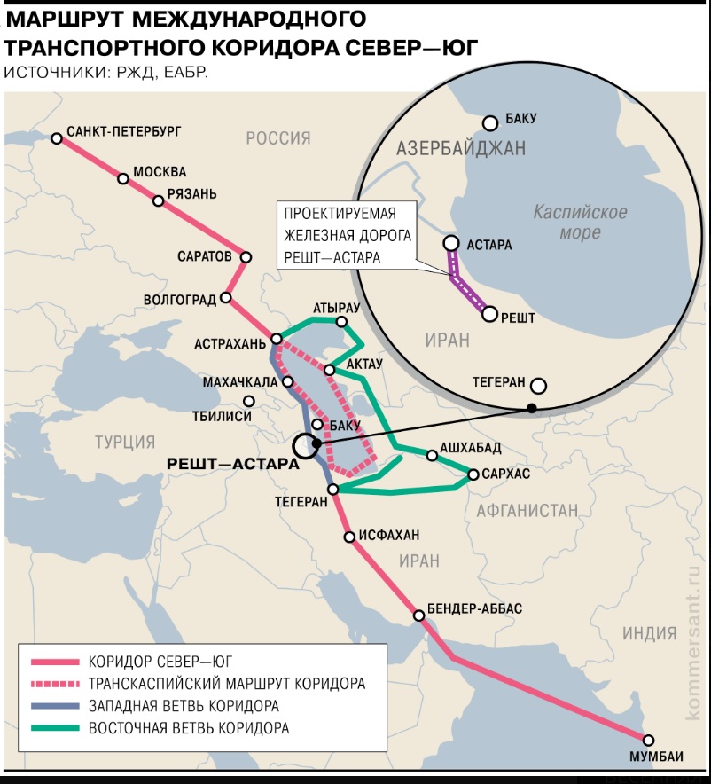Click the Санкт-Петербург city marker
[x=57, y=138]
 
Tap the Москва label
[x=160, y=171]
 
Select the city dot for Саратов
[x=246, y=257]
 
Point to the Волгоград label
[x=180, y=299]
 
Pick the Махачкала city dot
[x=288, y=382]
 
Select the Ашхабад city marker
[x=432, y=456]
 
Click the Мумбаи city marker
[x=649, y=741]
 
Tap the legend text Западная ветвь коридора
[x=184, y=706]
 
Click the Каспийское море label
[x=581, y=223]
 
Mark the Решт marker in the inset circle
[x=488, y=313]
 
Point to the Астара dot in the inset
[x=451, y=242]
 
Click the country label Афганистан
[x=527, y=510]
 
